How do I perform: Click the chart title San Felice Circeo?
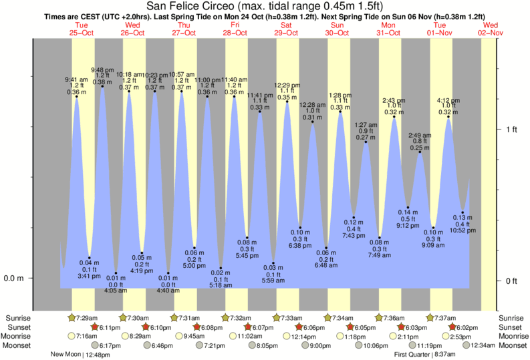point(265,6)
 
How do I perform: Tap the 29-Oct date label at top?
point(286,32)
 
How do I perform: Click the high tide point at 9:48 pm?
point(102,86)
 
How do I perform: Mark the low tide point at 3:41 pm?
point(90,258)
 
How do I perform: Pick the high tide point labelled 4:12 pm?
point(448,117)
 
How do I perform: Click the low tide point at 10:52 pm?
point(462,213)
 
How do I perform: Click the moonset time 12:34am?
point(486,345)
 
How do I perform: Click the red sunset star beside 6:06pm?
point(299,327)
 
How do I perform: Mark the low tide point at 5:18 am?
point(221,268)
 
